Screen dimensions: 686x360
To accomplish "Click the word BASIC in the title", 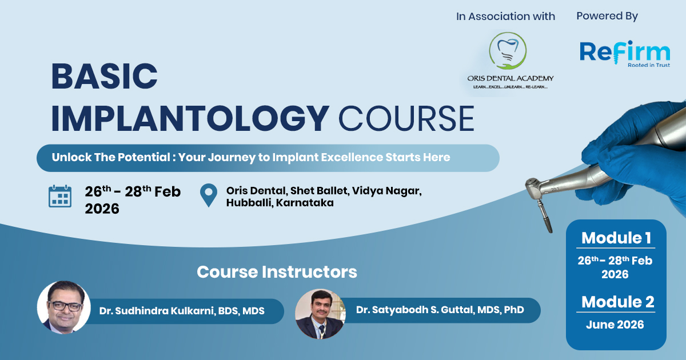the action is pos(105,76).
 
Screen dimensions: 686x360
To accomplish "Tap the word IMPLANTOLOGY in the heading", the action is pos(190,118).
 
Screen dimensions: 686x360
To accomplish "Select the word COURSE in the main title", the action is pos(406,118).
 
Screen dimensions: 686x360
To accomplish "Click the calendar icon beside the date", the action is pos(60,196).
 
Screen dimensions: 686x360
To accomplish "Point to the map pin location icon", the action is pos(209,195).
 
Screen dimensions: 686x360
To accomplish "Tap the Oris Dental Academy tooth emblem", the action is pos(508,51).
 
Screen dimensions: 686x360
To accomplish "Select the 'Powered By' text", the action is pos(607,16).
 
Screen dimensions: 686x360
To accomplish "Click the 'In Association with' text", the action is pos(505,16).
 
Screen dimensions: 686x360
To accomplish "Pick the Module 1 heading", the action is pos(616,238).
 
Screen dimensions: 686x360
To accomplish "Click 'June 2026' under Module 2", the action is pos(615,325).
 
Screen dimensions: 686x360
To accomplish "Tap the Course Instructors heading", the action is pos(277,272).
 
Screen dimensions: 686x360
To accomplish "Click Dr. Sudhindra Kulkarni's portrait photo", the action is pos(63,307).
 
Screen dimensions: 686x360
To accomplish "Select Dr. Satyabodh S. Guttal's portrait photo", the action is pos(320,314).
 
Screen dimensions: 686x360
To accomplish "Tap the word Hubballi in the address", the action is pos(249,203).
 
